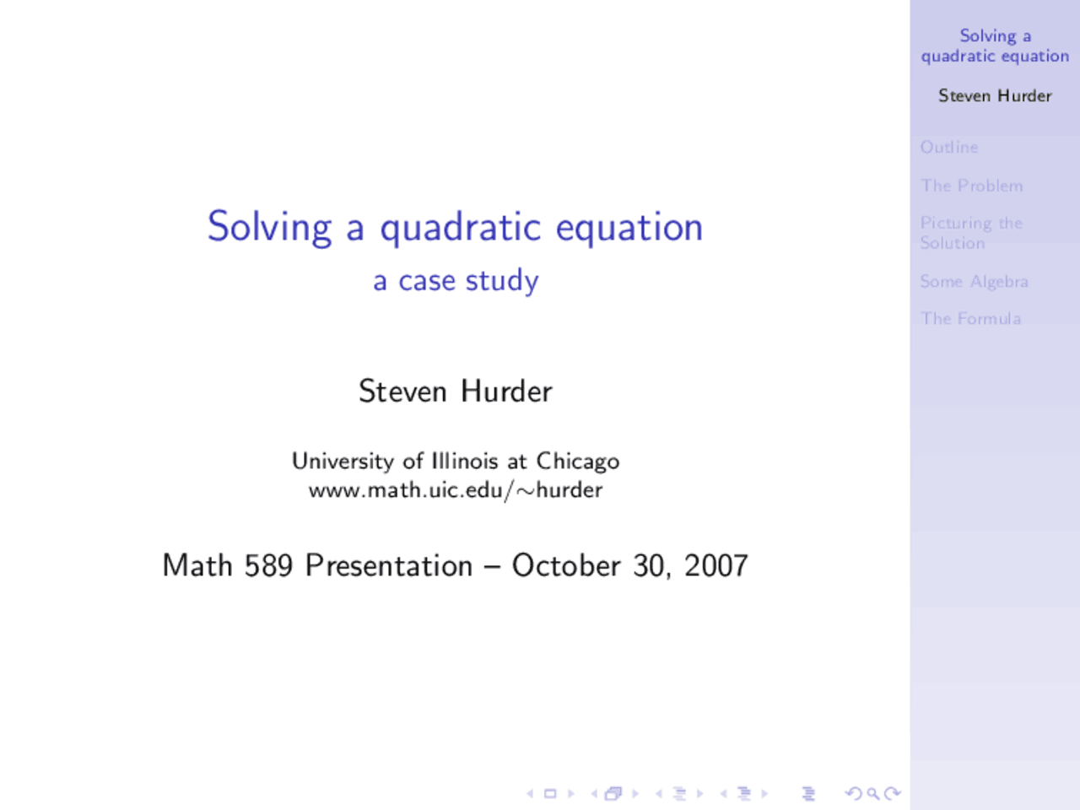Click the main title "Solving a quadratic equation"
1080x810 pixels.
point(455,227)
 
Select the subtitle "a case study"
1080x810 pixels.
point(456,280)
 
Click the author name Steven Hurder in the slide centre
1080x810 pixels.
point(456,391)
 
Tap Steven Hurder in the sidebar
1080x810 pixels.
point(995,96)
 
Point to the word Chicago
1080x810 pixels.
point(578,462)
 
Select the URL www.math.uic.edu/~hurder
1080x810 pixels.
point(456,490)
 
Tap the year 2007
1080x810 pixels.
point(715,565)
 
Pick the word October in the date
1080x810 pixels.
point(566,565)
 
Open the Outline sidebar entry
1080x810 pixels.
point(949,148)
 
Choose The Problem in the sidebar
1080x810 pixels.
point(972,186)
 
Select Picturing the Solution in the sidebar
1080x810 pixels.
point(970,233)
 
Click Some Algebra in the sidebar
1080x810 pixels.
point(974,282)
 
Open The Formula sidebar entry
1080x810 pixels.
point(970,319)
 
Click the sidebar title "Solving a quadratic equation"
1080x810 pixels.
point(995,46)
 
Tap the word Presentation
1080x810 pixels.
point(389,565)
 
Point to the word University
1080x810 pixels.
point(343,461)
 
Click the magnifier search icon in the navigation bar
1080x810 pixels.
point(873,793)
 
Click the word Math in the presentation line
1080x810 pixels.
point(197,565)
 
